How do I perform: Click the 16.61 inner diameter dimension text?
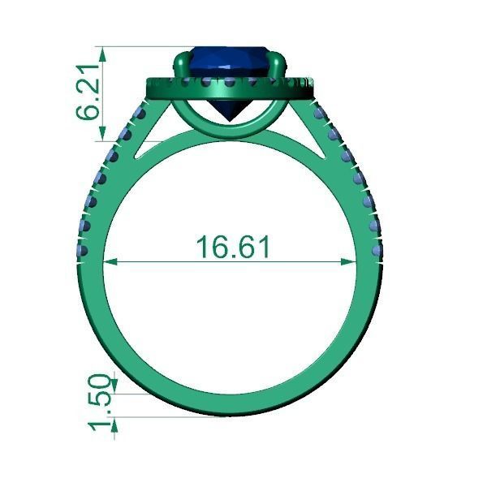click(x=232, y=247)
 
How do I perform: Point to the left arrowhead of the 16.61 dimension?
click(x=110, y=261)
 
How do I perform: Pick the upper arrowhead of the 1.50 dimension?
click(x=114, y=382)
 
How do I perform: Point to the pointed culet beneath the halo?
click(x=231, y=117)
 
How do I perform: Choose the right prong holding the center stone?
click(x=280, y=65)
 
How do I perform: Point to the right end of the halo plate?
click(x=315, y=86)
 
